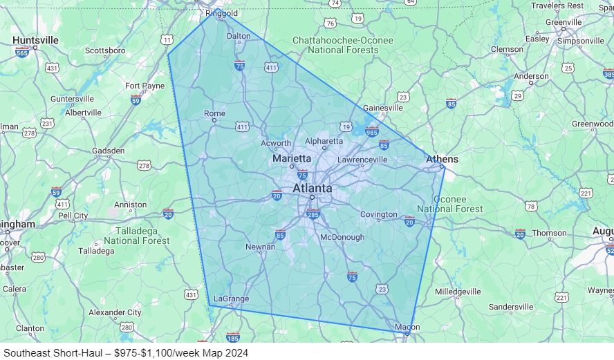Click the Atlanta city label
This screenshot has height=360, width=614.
312,188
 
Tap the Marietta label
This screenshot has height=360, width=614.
292,158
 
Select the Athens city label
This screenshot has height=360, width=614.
442,160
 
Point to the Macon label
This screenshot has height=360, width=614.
407,327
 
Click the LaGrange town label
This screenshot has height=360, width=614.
231,299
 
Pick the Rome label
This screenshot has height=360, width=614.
214,113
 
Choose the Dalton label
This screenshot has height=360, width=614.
239,36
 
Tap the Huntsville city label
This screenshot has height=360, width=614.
35,40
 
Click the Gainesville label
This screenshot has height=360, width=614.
383,108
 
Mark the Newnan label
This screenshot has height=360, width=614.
261,247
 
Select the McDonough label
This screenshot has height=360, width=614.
342,237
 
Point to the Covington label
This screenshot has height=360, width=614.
379,214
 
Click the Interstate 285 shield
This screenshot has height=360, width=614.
313,214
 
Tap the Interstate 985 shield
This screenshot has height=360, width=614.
372,132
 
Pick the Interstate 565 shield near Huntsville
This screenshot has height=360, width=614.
22,53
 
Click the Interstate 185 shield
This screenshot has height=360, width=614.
232,338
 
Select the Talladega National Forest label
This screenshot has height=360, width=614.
136,236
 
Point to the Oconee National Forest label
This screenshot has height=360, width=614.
450,204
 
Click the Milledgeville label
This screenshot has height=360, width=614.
458,292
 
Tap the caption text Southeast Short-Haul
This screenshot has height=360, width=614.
52,352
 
